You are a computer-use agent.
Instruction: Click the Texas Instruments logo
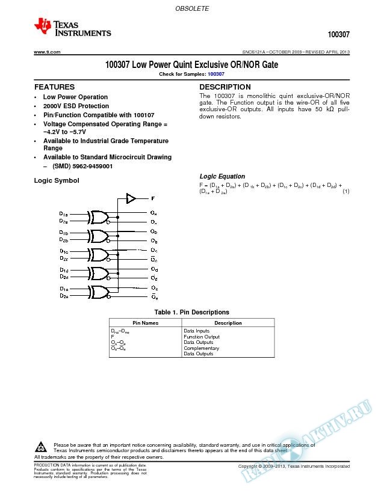click(72, 26)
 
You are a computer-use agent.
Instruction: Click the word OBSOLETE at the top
click(192, 9)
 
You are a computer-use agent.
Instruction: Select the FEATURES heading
click(54, 87)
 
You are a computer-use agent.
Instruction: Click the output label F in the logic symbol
click(153, 198)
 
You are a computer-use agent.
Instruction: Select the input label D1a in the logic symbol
click(64, 213)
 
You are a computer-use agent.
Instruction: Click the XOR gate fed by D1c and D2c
click(98, 254)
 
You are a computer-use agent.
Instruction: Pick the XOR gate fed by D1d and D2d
click(98, 274)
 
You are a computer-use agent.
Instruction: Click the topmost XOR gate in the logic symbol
click(98, 217)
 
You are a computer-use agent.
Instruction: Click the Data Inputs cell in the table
click(197, 331)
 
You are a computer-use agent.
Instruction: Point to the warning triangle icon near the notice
click(42, 447)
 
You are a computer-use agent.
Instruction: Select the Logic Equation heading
click(222, 176)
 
